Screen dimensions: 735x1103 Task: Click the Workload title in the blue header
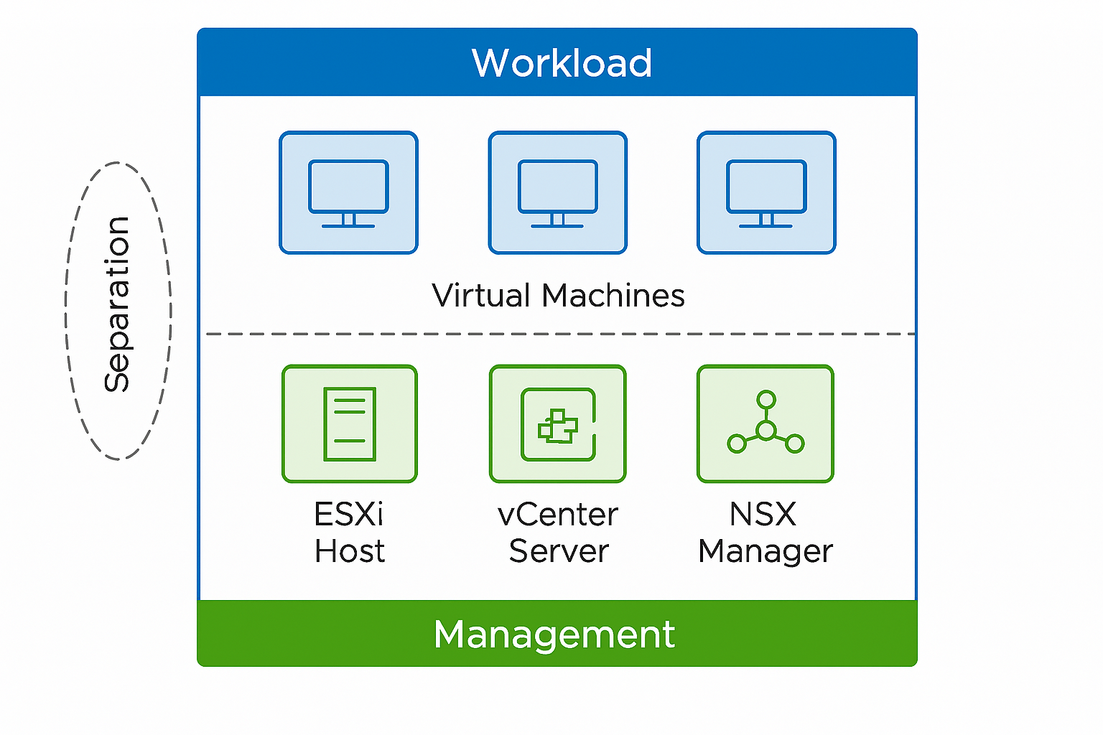(x=562, y=63)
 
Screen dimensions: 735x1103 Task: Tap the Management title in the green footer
(x=554, y=635)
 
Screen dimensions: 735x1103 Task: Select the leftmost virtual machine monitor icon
(x=348, y=192)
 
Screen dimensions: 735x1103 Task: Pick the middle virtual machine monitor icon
(x=557, y=192)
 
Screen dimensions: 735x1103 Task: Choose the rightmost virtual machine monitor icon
(x=766, y=192)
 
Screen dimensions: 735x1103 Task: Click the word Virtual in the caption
(x=480, y=296)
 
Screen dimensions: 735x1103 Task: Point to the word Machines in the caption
(x=613, y=296)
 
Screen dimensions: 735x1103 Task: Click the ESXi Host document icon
(x=350, y=423)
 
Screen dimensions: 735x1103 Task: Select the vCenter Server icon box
(x=558, y=423)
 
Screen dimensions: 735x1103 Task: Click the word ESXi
(x=349, y=514)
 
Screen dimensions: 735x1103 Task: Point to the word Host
(x=350, y=551)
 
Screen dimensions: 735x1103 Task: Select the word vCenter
(x=558, y=514)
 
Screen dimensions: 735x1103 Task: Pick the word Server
(x=559, y=551)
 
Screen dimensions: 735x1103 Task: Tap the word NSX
(x=763, y=514)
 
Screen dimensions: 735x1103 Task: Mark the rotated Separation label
(x=117, y=304)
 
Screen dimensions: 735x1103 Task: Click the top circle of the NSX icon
(x=766, y=400)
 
